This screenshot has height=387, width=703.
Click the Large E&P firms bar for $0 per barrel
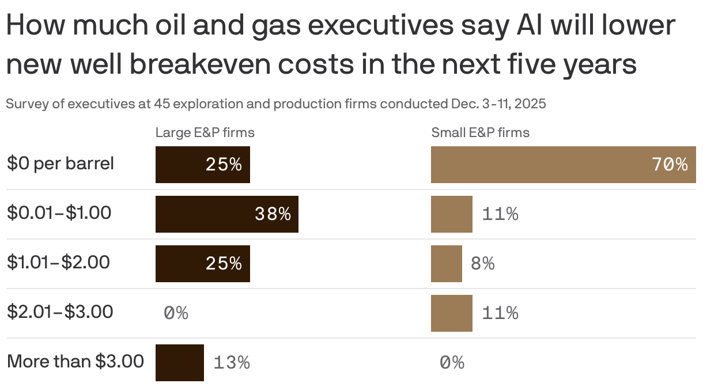[202, 165]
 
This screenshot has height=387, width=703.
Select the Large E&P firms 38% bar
[226, 214]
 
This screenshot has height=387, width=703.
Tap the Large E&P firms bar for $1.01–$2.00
[202, 264]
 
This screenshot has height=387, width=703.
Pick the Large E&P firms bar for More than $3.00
[179, 362]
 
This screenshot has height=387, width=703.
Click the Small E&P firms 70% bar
[563, 165]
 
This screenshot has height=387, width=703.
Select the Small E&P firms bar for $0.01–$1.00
[451, 214]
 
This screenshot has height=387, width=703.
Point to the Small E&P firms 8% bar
[446, 264]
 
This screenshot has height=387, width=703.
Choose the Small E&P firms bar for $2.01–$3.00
[451, 313]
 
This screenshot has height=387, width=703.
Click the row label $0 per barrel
[61, 164]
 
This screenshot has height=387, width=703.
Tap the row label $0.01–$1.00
[59, 213]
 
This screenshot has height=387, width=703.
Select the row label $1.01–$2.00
[58, 263]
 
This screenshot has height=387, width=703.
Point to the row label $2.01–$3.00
[60, 312]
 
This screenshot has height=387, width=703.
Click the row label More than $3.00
[75, 362]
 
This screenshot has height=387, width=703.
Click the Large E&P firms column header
[205, 133]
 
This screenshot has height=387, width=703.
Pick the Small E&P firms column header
[480, 133]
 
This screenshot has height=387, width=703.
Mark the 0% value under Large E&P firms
[176, 313]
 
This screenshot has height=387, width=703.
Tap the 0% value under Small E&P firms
[452, 363]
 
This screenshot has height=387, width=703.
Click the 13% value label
[232, 363]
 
